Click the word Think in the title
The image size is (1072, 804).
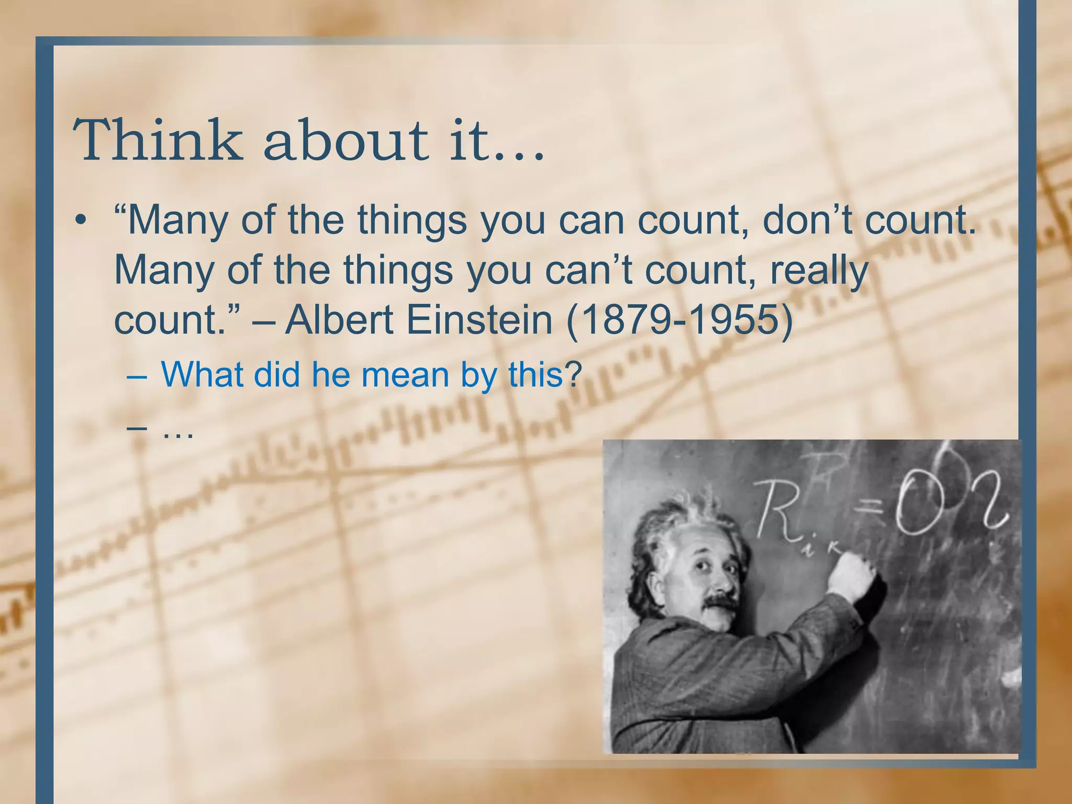point(158,140)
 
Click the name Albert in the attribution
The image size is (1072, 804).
point(340,320)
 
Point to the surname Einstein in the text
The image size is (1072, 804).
point(479,320)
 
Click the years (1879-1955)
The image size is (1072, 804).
point(680,320)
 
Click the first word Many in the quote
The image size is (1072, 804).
point(177,220)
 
